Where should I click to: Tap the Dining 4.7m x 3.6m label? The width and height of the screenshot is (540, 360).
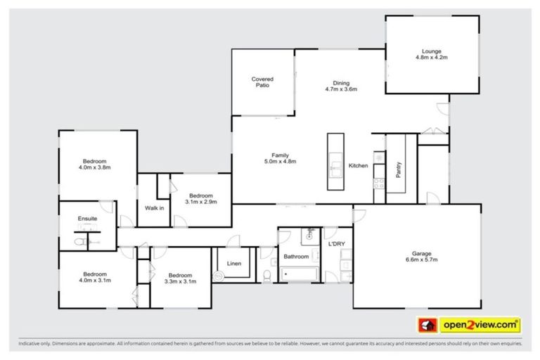(x=341, y=86)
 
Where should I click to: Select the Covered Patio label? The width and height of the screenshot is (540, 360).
(x=262, y=82)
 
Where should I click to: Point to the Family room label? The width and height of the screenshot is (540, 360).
(x=281, y=158)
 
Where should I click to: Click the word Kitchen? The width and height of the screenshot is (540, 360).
(x=359, y=166)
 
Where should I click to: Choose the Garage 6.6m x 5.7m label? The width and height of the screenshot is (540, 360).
(x=421, y=257)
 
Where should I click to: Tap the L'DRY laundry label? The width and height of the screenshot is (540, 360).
(x=336, y=244)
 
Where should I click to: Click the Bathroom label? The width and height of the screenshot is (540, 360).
(x=296, y=257)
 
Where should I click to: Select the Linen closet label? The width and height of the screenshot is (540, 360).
(x=234, y=264)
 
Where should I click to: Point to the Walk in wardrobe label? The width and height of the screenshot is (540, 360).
(x=154, y=208)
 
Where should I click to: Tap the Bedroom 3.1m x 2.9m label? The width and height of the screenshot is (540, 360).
(x=200, y=198)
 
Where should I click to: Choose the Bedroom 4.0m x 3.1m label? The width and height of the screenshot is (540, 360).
(x=95, y=276)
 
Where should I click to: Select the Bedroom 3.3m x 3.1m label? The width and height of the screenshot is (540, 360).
(x=181, y=278)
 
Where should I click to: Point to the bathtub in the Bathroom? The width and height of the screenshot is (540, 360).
(x=298, y=274)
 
